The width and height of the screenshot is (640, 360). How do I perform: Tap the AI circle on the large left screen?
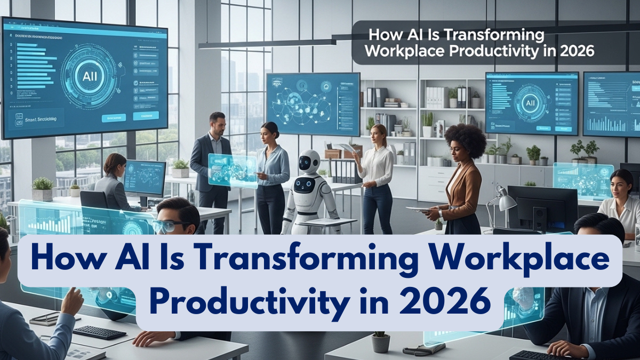89,75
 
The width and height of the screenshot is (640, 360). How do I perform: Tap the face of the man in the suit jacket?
217,124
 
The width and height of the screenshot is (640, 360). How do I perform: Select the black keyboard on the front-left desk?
99,332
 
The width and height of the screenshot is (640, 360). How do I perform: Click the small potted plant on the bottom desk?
380,342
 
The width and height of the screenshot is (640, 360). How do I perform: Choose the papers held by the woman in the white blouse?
348,147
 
